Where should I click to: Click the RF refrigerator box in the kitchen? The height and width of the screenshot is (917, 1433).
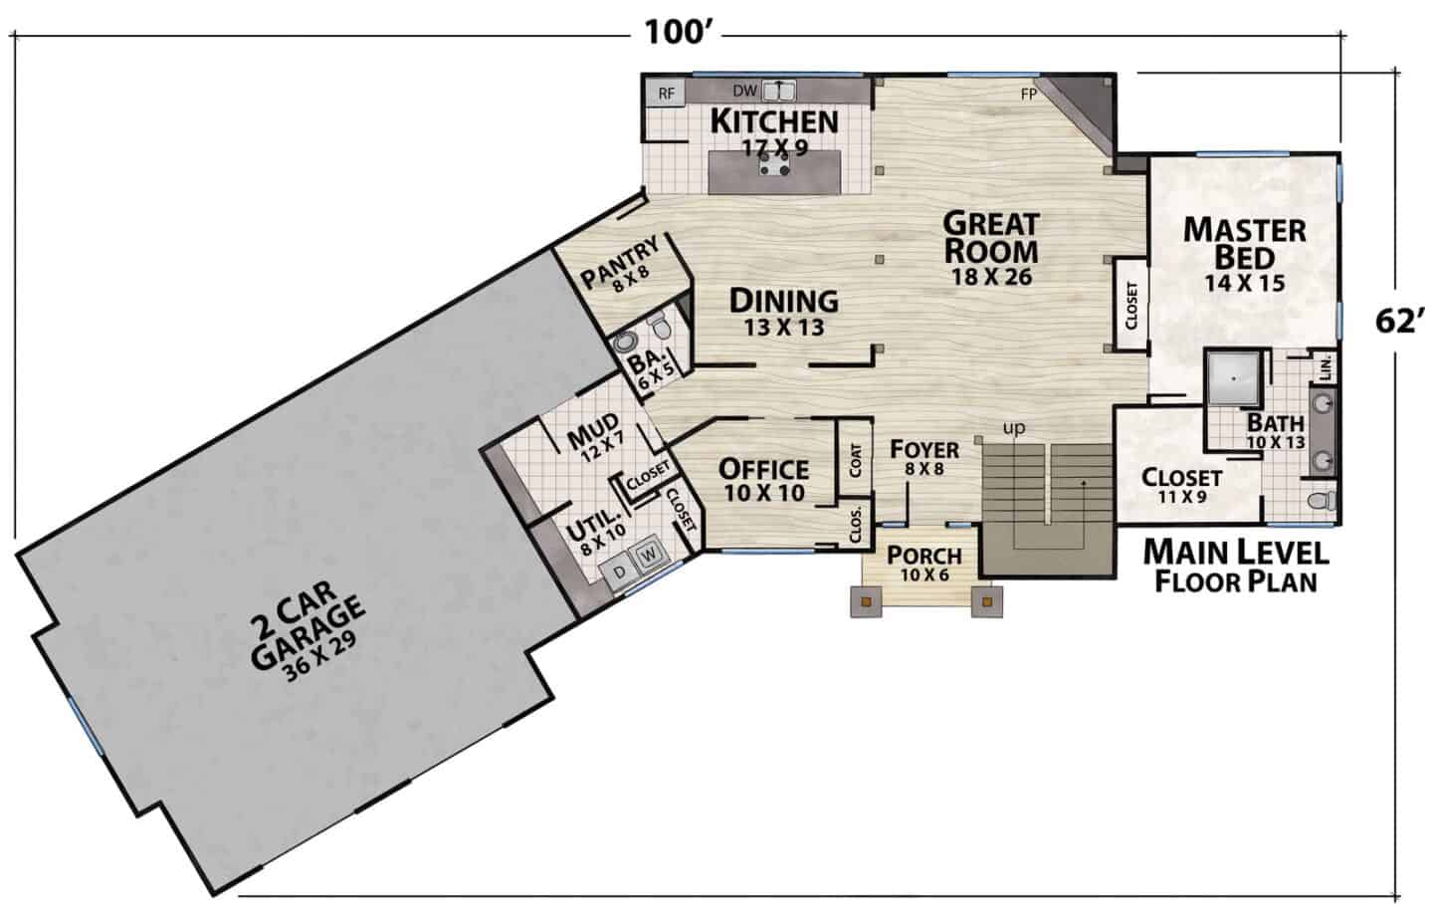[666, 94]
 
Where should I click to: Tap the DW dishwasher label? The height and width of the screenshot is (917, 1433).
[744, 91]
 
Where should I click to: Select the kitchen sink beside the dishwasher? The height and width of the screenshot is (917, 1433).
[778, 91]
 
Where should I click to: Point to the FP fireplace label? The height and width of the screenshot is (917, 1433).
[1029, 94]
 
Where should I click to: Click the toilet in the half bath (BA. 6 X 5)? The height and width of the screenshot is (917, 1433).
[659, 327]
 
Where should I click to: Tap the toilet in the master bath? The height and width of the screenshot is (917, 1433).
[1322, 500]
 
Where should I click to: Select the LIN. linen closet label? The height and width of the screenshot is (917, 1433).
[1326, 368]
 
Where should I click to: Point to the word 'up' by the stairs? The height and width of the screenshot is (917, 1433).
[1015, 427]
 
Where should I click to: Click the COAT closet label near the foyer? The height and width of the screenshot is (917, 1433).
[856, 460]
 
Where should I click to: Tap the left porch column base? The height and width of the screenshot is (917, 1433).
[866, 601]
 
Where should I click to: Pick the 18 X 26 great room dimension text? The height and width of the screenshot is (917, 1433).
[991, 277]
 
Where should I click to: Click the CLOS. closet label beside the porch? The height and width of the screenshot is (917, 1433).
[856, 525]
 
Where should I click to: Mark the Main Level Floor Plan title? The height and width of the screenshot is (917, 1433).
[1236, 567]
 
